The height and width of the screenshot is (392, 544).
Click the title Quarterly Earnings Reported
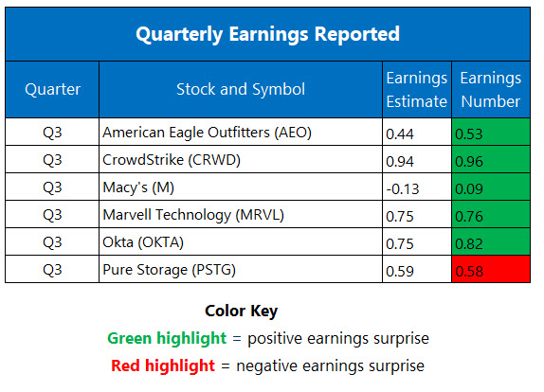(267, 35)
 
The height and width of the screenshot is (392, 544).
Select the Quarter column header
(52, 89)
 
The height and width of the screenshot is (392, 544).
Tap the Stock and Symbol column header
(241, 89)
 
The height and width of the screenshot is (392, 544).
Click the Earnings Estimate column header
(416, 89)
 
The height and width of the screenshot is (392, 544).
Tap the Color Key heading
(243, 311)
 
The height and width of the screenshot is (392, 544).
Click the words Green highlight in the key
(167, 338)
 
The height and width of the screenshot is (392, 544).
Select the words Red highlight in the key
(164, 365)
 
